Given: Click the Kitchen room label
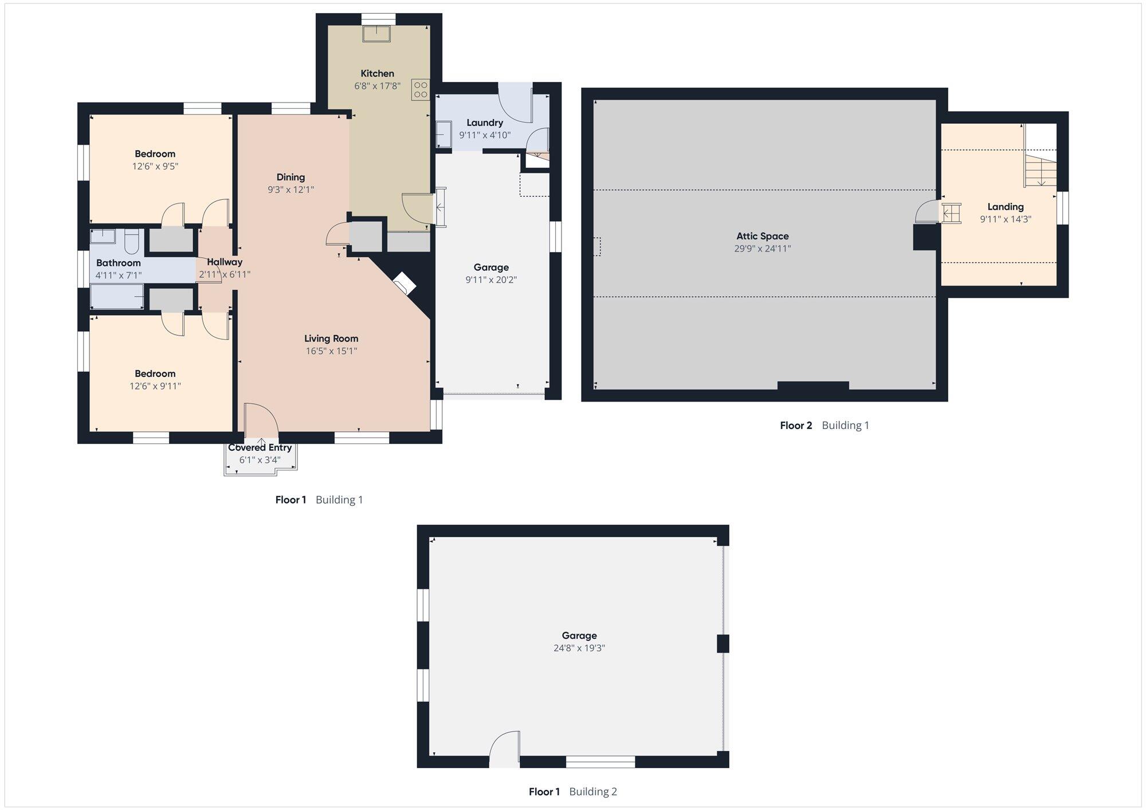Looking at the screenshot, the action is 377,73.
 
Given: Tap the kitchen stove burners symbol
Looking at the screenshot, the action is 421,89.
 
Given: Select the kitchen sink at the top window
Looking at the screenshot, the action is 376,34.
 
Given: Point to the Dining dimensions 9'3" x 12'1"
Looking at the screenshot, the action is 291,190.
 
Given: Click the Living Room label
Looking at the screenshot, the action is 331,339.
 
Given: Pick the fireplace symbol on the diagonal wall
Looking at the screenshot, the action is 405,282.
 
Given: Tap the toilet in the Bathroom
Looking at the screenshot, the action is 132,242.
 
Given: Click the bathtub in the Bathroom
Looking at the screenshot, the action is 117,296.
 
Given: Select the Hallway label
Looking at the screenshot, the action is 225,262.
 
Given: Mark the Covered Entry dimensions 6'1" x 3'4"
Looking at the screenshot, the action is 260,460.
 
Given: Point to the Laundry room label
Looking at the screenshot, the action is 485,123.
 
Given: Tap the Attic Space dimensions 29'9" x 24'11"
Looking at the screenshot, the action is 763,249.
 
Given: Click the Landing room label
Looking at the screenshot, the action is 1006,207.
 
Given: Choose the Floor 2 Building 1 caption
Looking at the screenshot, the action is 825,425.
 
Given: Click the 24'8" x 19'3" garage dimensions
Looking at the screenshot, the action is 579,648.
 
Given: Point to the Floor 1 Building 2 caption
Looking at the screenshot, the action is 573,792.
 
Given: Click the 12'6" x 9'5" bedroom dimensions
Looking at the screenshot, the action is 155,167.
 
